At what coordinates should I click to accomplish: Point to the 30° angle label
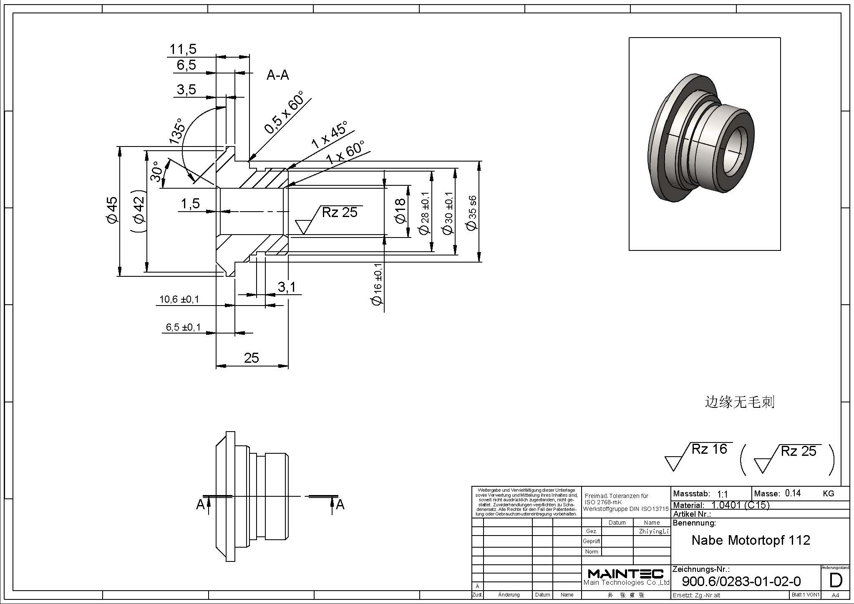pos(156,172)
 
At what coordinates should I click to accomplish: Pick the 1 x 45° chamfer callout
pos(329,136)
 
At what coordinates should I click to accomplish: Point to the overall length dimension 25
pos(252,358)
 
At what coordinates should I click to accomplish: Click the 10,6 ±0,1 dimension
pos(179,299)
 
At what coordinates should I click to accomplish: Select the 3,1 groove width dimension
pos(287,287)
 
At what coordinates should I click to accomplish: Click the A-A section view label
pos(278,75)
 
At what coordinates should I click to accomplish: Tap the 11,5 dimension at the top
pos(183,49)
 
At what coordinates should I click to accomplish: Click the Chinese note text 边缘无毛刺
pos(739,402)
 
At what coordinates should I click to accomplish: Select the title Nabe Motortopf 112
pos(751,540)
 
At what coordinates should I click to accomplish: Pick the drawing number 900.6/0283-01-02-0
pos(741,581)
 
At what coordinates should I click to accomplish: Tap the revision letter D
pos(836,581)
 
